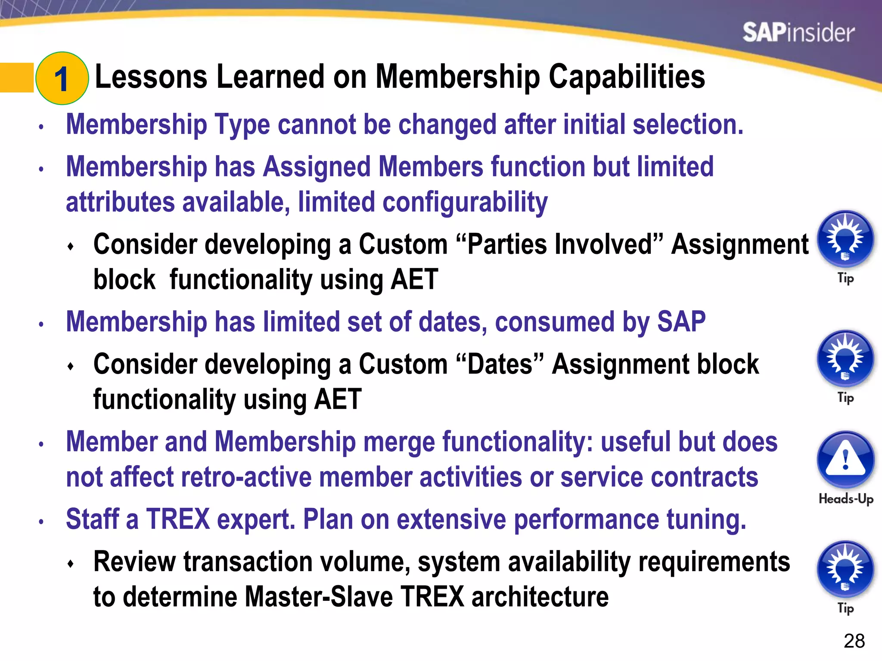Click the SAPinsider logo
click(798, 33)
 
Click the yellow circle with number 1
click(62, 78)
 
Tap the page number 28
click(854, 641)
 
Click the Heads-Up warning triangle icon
click(845, 459)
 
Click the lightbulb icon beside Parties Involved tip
click(845, 238)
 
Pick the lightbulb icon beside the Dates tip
click(845, 358)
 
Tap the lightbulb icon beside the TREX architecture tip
click(845, 568)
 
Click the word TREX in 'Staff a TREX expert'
click(178, 519)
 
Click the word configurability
click(465, 203)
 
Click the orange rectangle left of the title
click(16, 77)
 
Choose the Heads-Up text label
click(845, 499)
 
